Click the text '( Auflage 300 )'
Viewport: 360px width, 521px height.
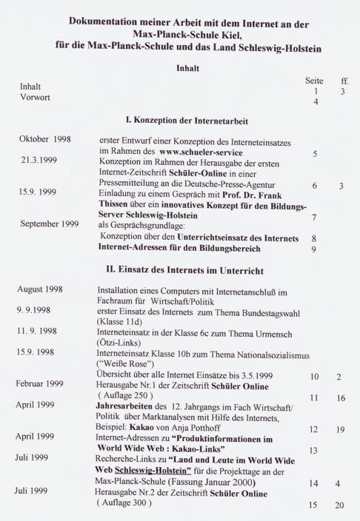129,502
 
